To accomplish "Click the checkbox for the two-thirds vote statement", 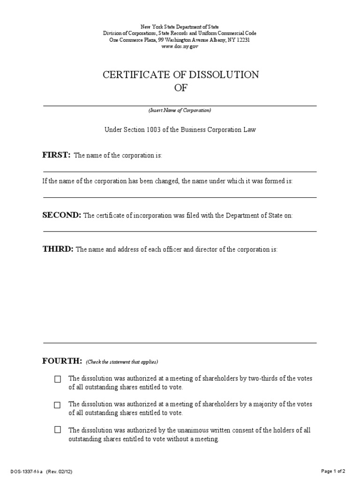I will click(x=58, y=379).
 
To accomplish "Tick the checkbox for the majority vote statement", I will click(x=58, y=405).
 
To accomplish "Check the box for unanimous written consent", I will click(x=58, y=429).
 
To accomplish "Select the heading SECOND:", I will click(x=62, y=215).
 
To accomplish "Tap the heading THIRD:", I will click(x=58, y=249).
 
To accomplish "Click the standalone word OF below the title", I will click(x=180, y=88).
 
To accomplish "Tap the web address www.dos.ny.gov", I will click(x=180, y=47).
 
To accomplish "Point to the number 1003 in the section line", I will click(x=152, y=130).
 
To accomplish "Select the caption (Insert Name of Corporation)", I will click(x=180, y=110).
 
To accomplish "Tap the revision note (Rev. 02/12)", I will click(x=59, y=471).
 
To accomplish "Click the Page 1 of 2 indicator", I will click(x=334, y=471).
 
